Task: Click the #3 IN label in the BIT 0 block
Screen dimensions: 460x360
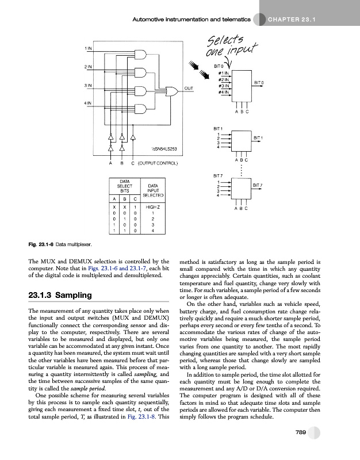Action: [x=223, y=86]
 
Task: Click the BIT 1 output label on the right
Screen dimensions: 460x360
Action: [x=258, y=138]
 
